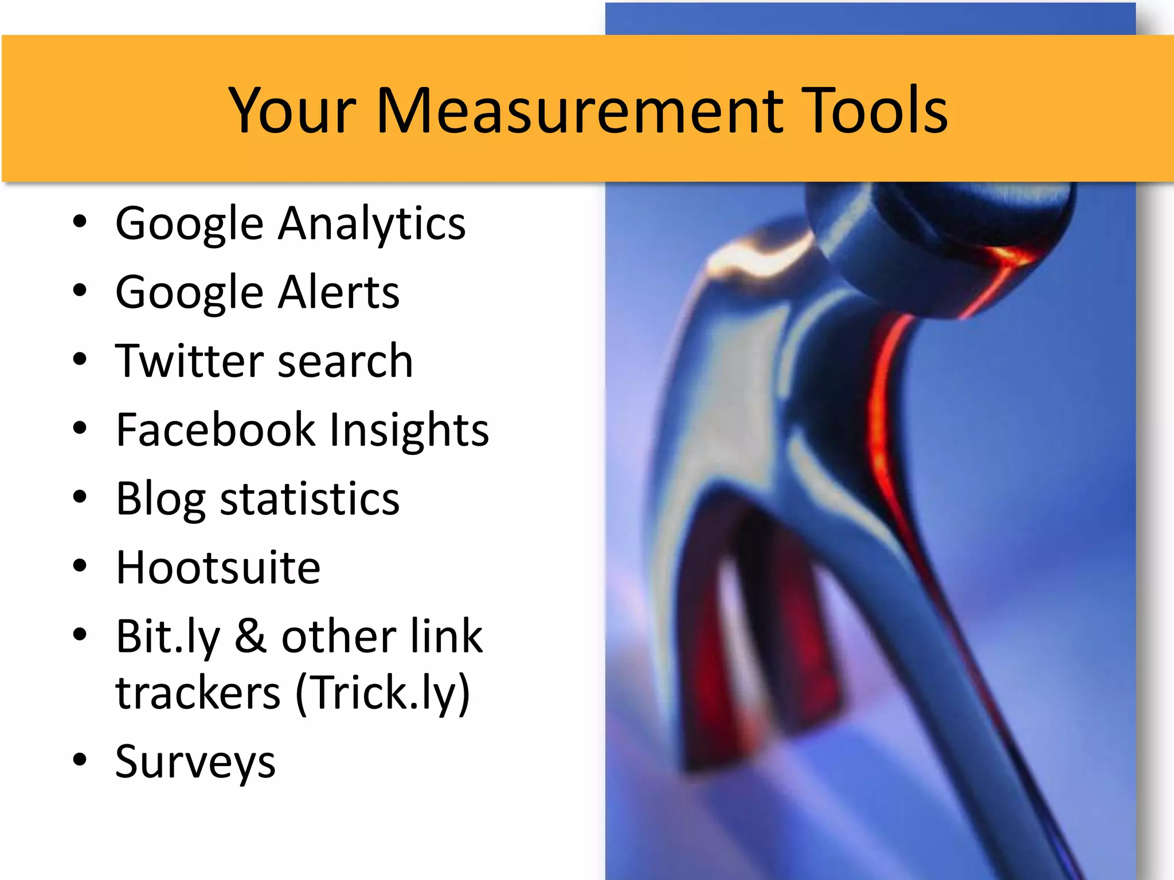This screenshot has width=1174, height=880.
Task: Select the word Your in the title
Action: [x=292, y=110]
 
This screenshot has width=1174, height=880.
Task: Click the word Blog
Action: [x=161, y=500]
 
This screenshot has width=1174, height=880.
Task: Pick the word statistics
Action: [x=310, y=500]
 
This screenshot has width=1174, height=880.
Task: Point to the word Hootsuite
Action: [x=218, y=568]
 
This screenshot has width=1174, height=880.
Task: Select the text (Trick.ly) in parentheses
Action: [x=383, y=694]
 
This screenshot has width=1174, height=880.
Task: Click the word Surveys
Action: [x=195, y=763]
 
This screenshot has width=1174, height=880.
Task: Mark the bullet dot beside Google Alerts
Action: [x=80, y=290]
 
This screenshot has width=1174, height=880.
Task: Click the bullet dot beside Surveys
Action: [x=80, y=760]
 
